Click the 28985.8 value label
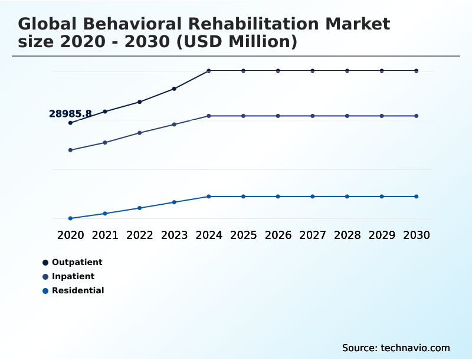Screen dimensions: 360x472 coord(70,114)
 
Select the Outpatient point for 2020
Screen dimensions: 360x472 coord(70,123)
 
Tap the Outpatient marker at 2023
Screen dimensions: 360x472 coord(174,89)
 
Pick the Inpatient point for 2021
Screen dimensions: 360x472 coord(105,142)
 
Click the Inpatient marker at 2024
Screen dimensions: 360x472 coord(209,116)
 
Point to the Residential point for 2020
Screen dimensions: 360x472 coord(70,218)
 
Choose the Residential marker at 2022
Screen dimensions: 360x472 coord(140,208)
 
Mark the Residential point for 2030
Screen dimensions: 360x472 coord(417,197)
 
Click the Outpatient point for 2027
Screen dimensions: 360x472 coord(313,71)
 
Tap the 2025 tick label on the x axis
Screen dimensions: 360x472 coord(243,235)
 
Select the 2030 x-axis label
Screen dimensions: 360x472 coord(417,235)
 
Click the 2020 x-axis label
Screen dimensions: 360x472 coord(70,235)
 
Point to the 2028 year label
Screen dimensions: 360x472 coord(347,235)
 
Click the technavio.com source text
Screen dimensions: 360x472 coord(415,348)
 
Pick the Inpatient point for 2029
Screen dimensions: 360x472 coord(382,116)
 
